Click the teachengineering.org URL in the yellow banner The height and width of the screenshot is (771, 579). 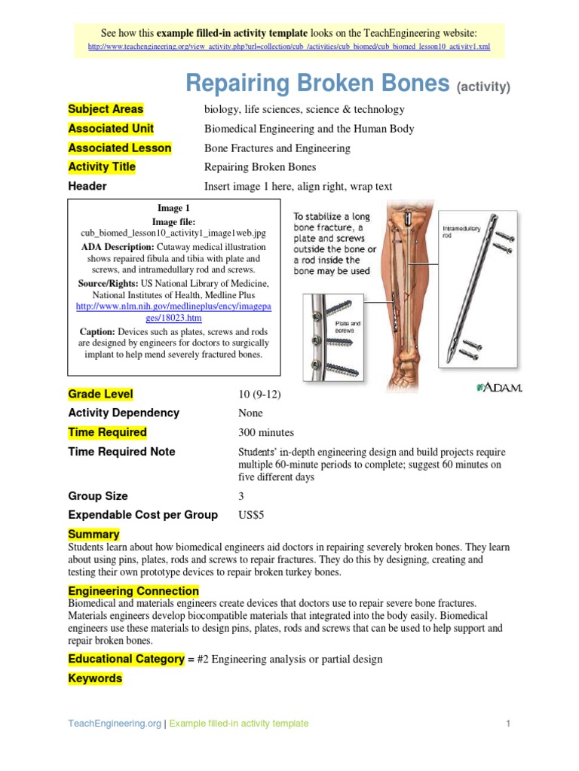click(x=289, y=47)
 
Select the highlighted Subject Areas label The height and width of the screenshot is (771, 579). click(x=106, y=109)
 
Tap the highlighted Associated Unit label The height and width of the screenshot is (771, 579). click(x=111, y=129)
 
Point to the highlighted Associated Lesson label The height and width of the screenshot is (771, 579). click(x=119, y=148)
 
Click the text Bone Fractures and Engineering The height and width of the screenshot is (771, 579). click(x=277, y=148)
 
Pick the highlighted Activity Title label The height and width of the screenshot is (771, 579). click(x=102, y=167)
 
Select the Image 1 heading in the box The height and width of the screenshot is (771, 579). click(x=173, y=208)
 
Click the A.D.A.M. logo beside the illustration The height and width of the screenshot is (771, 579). click(x=499, y=387)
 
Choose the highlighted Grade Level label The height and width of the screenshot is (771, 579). click(x=100, y=394)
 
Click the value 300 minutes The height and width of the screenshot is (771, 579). click(x=265, y=433)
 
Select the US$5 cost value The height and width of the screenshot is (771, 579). click(x=250, y=515)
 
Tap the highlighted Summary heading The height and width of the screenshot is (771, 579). click(x=93, y=535)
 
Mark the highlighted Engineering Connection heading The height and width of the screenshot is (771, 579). click(x=133, y=591)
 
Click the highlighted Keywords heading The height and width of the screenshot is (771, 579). click(x=95, y=678)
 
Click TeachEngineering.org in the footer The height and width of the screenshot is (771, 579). click(x=115, y=724)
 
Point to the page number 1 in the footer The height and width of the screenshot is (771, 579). click(x=509, y=724)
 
